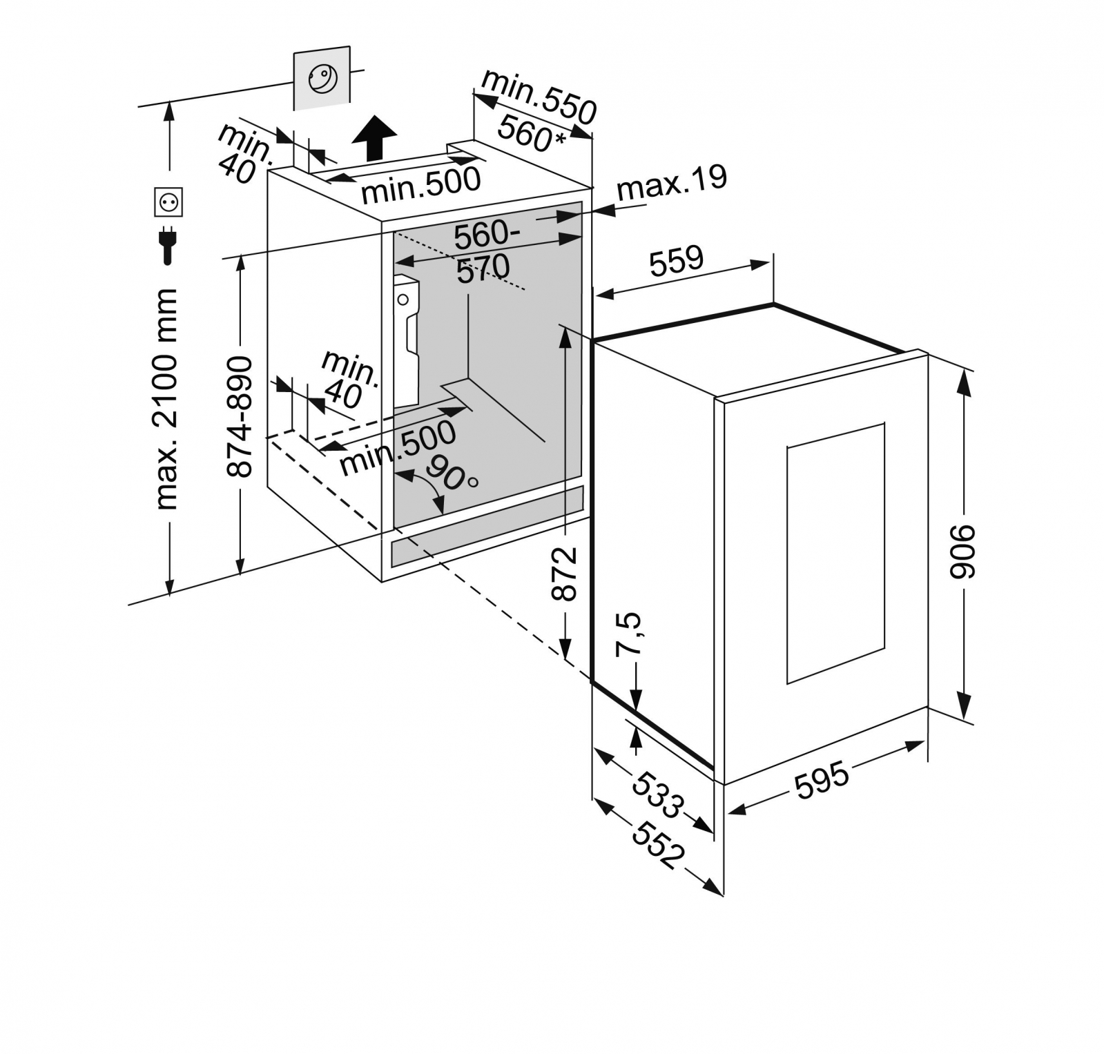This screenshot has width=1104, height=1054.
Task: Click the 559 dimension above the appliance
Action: [x=677, y=260]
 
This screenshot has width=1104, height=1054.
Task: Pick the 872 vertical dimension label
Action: [x=565, y=573]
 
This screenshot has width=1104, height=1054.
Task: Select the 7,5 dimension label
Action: [x=629, y=633]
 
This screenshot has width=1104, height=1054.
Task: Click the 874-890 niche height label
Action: [x=240, y=416]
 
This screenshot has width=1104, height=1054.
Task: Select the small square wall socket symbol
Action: [x=168, y=202]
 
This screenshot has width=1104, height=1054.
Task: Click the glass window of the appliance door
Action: [x=835, y=553]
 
